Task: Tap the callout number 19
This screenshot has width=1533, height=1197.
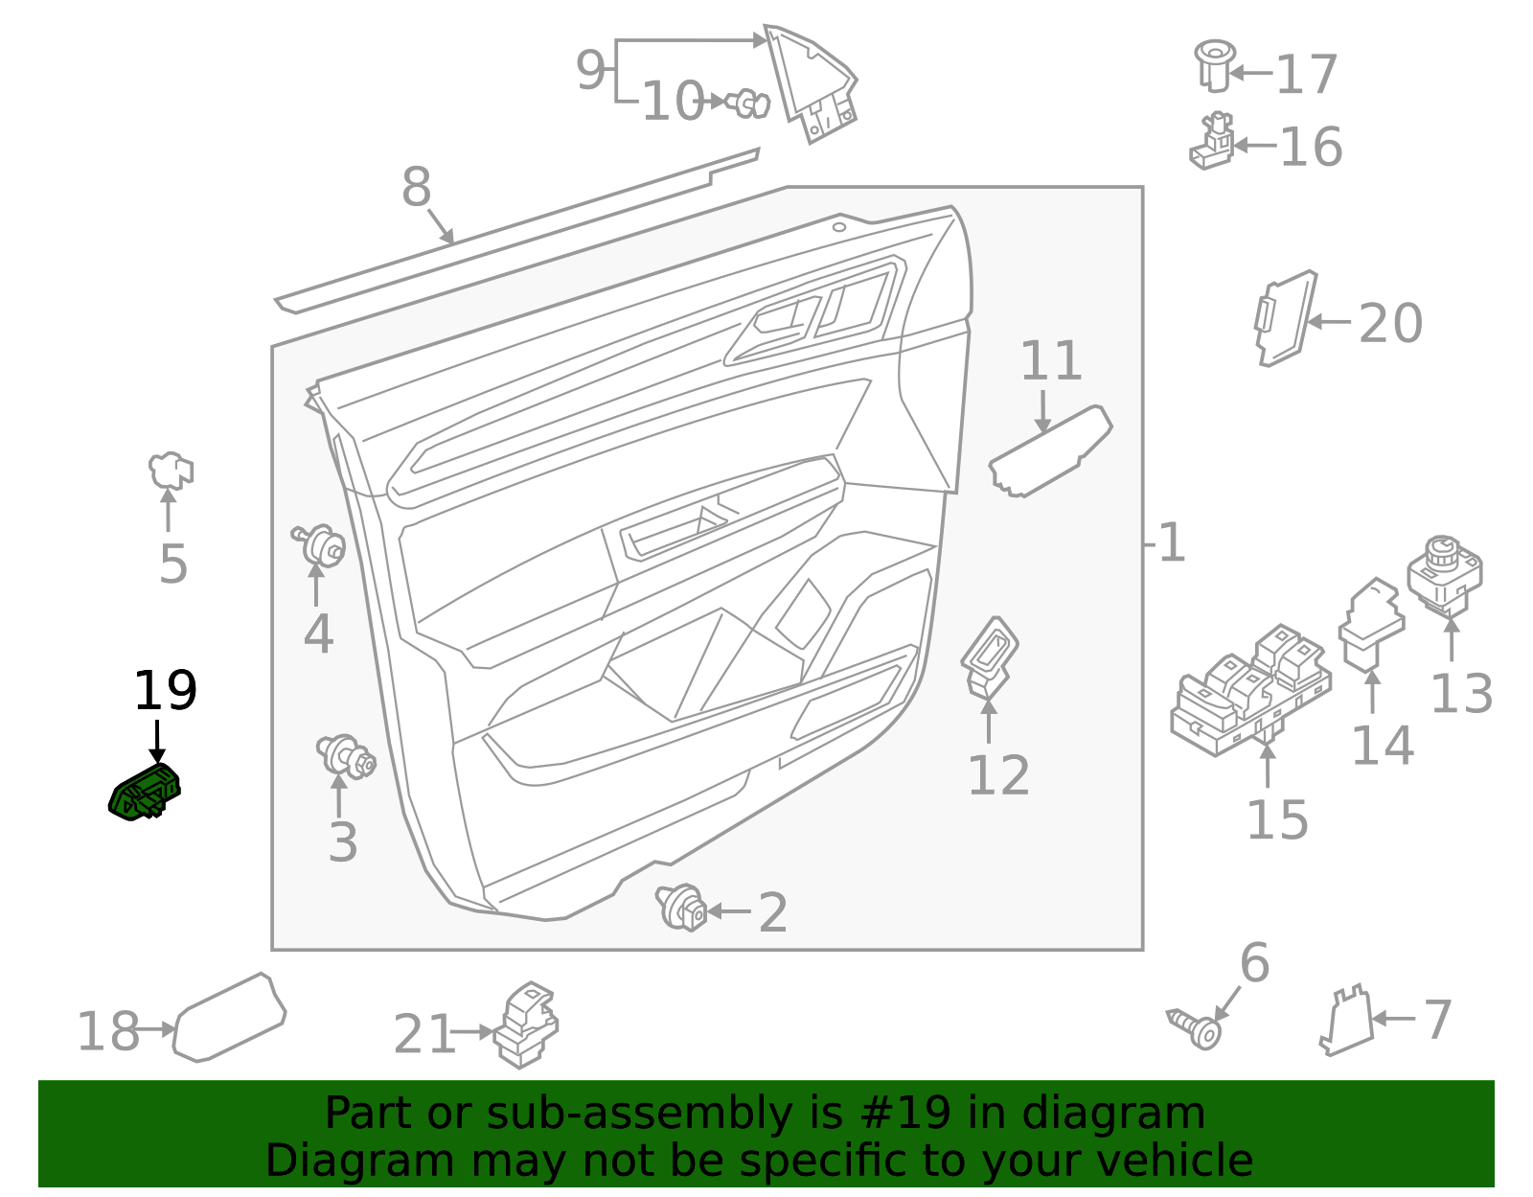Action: click(x=165, y=691)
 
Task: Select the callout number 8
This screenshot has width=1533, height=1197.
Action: click(x=416, y=187)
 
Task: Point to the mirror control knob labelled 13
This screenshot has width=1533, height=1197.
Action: click(x=1445, y=574)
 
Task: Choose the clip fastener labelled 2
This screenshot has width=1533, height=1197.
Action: click(x=682, y=907)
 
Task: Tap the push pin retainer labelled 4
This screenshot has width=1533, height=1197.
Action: click(x=320, y=546)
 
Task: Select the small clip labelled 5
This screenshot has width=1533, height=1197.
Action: click(x=171, y=471)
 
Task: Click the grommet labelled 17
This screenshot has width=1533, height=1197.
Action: click(x=1214, y=64)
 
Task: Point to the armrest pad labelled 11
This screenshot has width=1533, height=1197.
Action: click(x=1050, y=451)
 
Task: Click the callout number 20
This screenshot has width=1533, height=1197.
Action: click(x=1390, y=324)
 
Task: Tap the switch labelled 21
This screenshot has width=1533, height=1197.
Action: click(x=525, y=1026)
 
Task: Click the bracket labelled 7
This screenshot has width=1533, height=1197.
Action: click(x=1347, y=1023)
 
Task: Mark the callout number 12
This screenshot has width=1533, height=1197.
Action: click(x=998, y=776)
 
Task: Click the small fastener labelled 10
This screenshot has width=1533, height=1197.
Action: click(x=747, y=102)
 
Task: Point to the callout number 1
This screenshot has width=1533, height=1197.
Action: click(x=1171, y=543)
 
